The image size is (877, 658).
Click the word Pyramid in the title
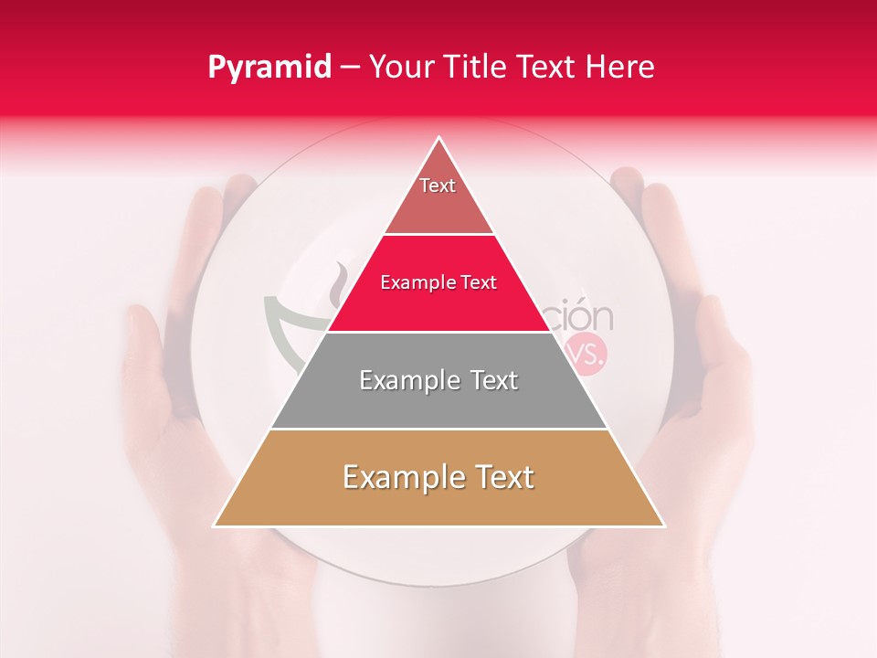click(x=269, y=67)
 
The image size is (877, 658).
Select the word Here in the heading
click(x=623, y=67)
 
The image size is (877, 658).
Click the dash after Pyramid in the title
click(x=353, y=68)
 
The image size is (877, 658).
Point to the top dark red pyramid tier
click(x=438, y=206)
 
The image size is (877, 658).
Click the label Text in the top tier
click(x=438, y=186)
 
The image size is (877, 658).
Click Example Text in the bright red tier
click(x=438, y=282)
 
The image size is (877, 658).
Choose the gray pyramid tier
click(x=438, y=402)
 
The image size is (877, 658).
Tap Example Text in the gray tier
click(x=438, y=380)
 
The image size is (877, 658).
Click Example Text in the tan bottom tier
click(x=438, y=477)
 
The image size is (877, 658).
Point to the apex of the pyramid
click(x=439, y=138)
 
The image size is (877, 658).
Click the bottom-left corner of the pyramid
click(x=216, y=525)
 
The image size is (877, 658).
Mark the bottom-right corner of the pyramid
click(x=663, y=525)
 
